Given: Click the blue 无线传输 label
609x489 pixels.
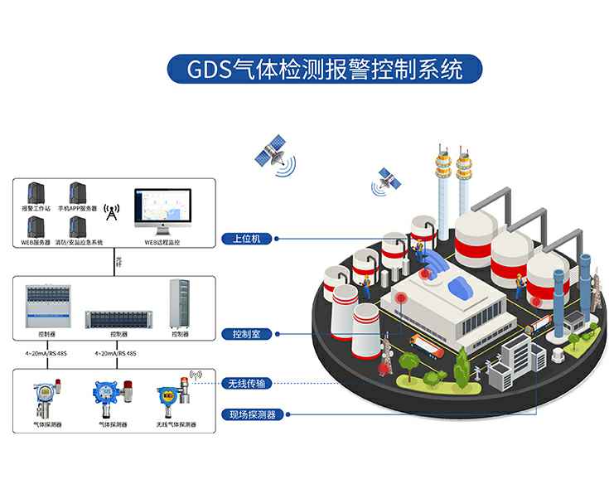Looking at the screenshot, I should coord(250,384).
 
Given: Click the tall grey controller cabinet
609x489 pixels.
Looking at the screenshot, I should coord(180,303).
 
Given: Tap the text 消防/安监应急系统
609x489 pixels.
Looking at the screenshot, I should coord(79,243).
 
